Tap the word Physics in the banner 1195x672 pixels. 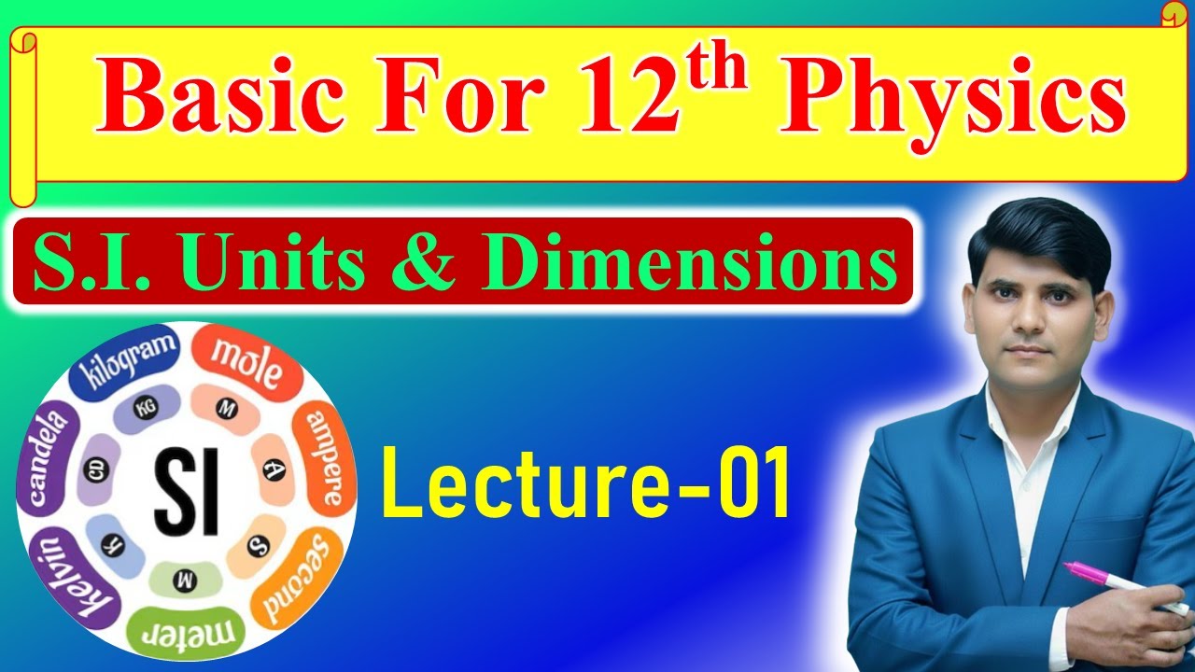[952, 100]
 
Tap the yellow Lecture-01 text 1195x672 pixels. [586, 482]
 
